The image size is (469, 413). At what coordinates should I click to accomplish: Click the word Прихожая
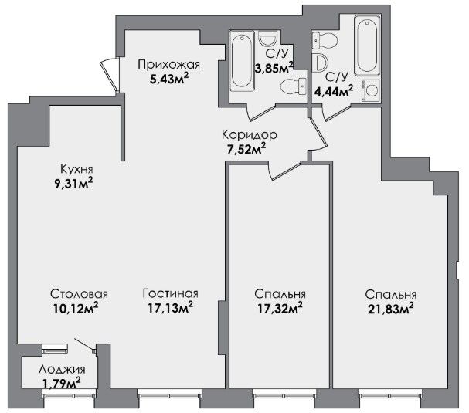coord(168,65)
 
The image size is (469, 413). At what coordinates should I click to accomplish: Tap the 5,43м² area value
coord(169,80)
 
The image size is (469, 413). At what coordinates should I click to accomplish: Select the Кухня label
coord(76,169)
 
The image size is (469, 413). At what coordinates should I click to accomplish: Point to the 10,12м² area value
coord(76,308)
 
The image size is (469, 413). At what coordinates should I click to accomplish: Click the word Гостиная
coord(171,293)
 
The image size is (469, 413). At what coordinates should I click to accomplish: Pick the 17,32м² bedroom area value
coord(280,308)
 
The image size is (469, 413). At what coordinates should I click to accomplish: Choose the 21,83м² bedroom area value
coord(391,309)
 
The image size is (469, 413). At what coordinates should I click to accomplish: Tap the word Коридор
coord(250,135)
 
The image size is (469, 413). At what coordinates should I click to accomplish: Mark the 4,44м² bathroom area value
coord(334,90)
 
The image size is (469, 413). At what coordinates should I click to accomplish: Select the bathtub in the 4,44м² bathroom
coord(367,45)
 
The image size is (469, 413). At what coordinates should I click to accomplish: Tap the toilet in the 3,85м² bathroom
coord(294,87)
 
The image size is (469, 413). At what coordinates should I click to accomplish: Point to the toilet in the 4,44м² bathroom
coord(325,39)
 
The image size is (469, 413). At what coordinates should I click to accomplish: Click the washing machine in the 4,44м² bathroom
coord(371,91)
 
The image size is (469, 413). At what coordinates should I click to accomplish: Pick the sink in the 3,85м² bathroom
coord(268,39)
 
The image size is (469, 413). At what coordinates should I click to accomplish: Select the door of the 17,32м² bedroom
coord(285,171)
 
